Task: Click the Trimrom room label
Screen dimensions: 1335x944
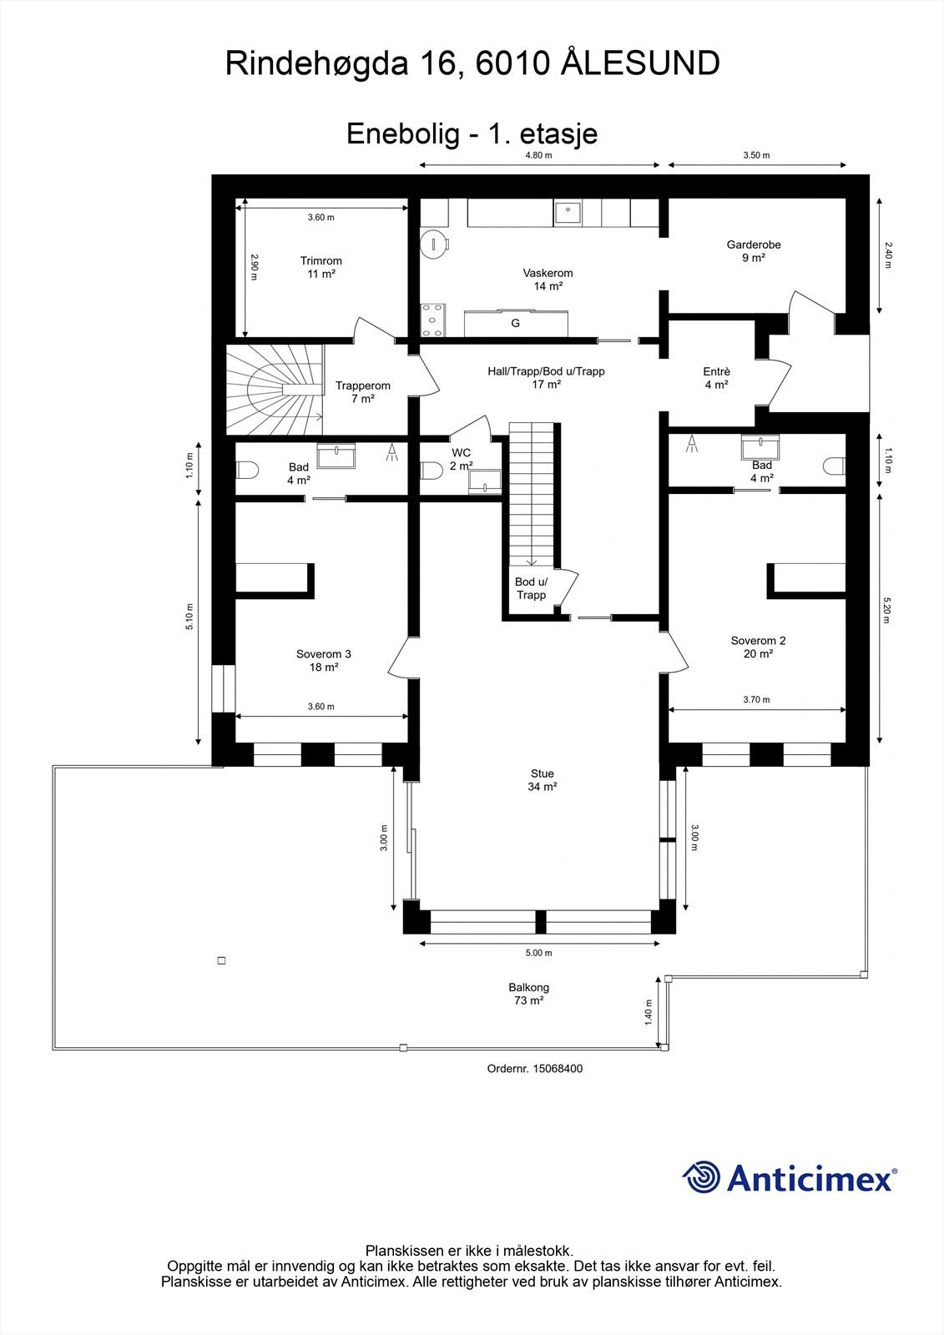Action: click(321, 267)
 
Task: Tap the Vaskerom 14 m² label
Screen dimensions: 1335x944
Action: click(548, 280)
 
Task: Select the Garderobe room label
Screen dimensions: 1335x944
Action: click(754, 251)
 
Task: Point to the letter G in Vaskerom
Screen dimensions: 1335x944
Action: click(515, 323)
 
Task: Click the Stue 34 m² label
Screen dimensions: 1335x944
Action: click(542, 780)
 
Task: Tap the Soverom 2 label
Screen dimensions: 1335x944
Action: click(758, 647)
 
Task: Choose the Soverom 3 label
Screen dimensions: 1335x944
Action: click(324, 660)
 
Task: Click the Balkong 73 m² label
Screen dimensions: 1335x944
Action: click(528, 994)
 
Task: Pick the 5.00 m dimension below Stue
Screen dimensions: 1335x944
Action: click(538, 953)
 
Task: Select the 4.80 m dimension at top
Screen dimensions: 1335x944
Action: click(538, 155)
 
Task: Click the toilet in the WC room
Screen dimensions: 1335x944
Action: click(431, 471)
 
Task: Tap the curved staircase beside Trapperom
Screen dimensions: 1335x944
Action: click(275, 388)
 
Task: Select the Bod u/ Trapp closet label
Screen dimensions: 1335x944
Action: click(531, 588)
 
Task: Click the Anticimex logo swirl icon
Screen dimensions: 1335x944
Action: click(701, 1178)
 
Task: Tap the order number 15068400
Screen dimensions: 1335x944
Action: click(534, 1068)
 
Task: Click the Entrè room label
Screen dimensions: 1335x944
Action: click(716, 378)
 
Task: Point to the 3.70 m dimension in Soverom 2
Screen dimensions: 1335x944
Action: click(756, 700)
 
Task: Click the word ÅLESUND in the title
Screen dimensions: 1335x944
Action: click(639, 63)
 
